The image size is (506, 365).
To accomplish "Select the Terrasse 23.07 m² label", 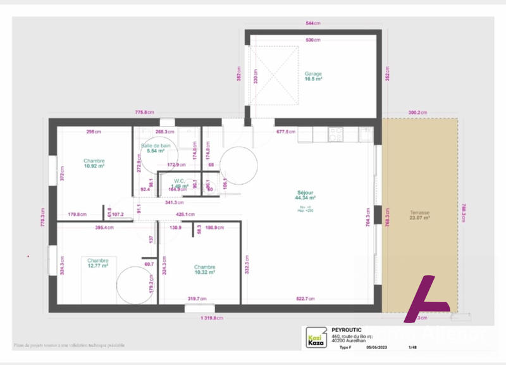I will tap(419, 215).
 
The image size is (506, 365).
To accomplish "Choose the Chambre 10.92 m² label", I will tap(94, 164).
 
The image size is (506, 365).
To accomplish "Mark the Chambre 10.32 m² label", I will tap(204, 269).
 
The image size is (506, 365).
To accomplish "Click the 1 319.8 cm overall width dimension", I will tap(212, 318).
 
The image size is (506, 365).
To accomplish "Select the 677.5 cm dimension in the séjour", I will tap(286, 132).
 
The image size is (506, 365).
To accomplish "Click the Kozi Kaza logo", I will tap(316, 337).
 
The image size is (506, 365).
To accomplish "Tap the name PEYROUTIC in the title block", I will tap(347, 330).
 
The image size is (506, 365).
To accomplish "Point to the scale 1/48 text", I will tap(413, 347).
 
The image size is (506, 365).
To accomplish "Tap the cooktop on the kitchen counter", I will tap(336, 134).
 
